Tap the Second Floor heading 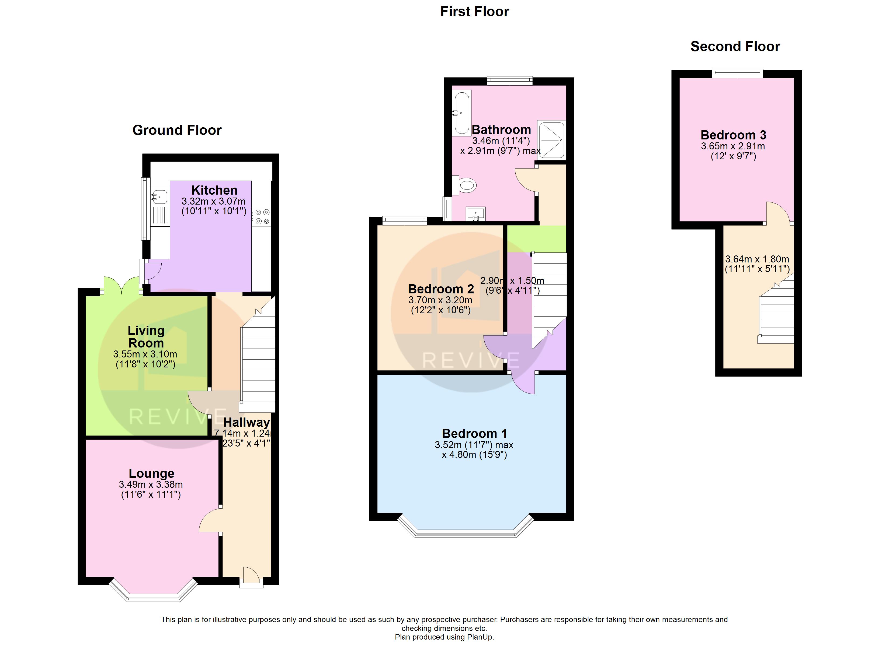click(735, 47)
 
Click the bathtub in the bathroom click(461, 113)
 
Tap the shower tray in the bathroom click(551, 140)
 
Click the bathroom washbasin click(475, 214)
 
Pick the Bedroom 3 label click(733, 135)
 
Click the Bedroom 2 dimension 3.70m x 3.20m click(440, 300)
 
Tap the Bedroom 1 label click(474, 434)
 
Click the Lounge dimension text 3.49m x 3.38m click(151, 484)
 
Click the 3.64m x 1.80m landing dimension click(757, 259)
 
